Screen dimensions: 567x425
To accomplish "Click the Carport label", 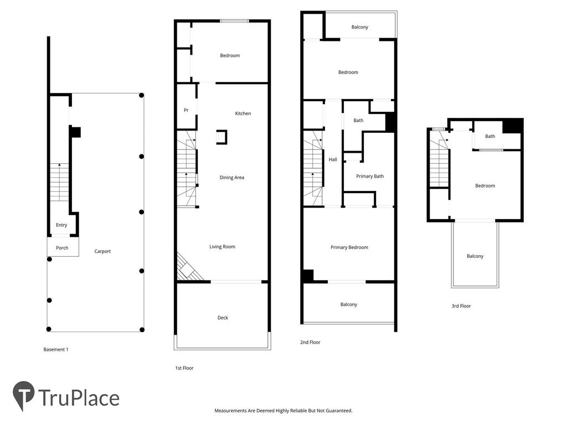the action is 102,251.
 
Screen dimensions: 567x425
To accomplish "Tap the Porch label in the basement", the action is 62,248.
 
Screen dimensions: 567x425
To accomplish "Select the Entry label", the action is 61,225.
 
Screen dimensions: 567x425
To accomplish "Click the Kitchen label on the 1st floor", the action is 243,113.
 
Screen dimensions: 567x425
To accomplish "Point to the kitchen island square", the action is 222,137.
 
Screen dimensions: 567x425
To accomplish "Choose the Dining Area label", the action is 232,178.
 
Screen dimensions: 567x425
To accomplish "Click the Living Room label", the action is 223,247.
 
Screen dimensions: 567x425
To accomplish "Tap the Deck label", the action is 223,318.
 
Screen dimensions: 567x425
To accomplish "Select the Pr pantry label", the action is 186,110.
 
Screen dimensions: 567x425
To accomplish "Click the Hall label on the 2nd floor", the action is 333,159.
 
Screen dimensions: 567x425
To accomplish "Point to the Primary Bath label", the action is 370,177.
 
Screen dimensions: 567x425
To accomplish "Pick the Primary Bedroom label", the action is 349,247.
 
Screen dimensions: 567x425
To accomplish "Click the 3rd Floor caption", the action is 461,306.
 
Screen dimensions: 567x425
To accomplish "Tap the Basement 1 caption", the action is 56,350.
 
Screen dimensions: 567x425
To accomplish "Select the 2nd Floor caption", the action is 310,342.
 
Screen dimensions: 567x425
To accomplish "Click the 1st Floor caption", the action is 184,368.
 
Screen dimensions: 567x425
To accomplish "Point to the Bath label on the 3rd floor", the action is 490,136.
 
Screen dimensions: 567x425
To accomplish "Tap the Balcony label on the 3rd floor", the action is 475,256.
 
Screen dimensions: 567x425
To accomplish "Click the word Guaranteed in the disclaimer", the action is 338,411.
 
